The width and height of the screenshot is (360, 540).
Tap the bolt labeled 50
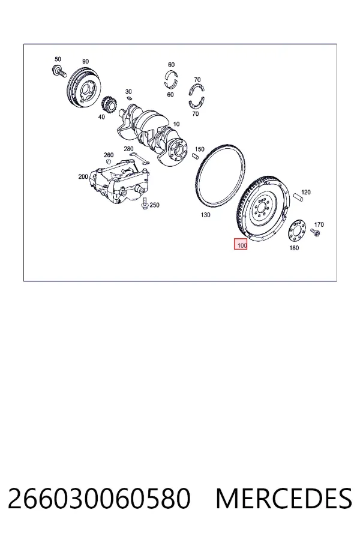tap(59, 71)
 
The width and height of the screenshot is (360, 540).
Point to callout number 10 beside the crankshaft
tap(176, 124)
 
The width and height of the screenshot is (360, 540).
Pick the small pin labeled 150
tap(196, 156)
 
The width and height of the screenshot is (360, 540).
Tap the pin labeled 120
tap(298, 196)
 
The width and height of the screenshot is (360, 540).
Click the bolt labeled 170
tap(315, 232)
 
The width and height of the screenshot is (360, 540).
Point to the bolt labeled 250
tap(145, 203)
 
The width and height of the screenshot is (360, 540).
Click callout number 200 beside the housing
tap(83, 176)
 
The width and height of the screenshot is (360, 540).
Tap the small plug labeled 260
tap(108, 162)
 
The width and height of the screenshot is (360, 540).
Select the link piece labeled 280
tap(139, 158)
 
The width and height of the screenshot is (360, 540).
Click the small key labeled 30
tap(129, 98)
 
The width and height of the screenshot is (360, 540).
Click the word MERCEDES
tap(284, 499)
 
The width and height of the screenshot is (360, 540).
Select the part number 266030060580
tap(99, 499)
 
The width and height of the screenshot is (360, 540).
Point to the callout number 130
tap(205, 215)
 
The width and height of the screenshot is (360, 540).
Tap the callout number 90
tap(85, 61)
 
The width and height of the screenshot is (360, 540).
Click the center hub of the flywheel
tap(263, 209)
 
